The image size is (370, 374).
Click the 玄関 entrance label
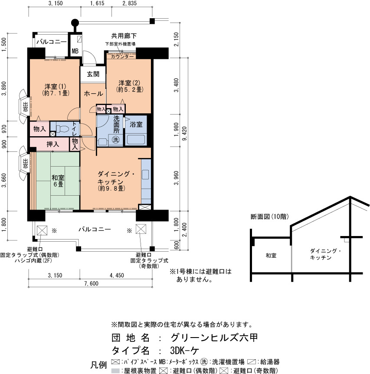tap(93, 74)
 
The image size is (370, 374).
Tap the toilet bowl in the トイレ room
tap(62, 129)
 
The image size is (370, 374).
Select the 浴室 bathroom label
tap(136, 124)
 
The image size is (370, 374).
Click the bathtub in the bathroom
tap(136, 140)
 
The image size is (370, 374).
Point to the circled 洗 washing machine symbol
tap(116, 139)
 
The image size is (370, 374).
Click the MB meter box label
tap(75, 51)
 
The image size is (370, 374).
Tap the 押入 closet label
tap(52, 144)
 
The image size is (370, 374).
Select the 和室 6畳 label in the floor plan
tap(58, 181)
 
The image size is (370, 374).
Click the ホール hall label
tap(93, 94)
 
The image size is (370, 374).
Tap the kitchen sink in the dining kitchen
tap(145, 174)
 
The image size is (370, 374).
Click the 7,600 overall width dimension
tap(91, 283)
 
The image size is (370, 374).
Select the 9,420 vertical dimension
tap(184, 133)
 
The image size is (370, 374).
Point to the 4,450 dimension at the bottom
tap(117, 275)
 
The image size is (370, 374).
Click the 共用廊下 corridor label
tap(124, 36)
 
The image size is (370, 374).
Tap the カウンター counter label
tap(122, 56)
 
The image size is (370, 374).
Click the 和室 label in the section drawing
tap(271, 256)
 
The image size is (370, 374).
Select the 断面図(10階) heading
tap(270, 217)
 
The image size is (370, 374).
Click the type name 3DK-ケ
tap(184, 351)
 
